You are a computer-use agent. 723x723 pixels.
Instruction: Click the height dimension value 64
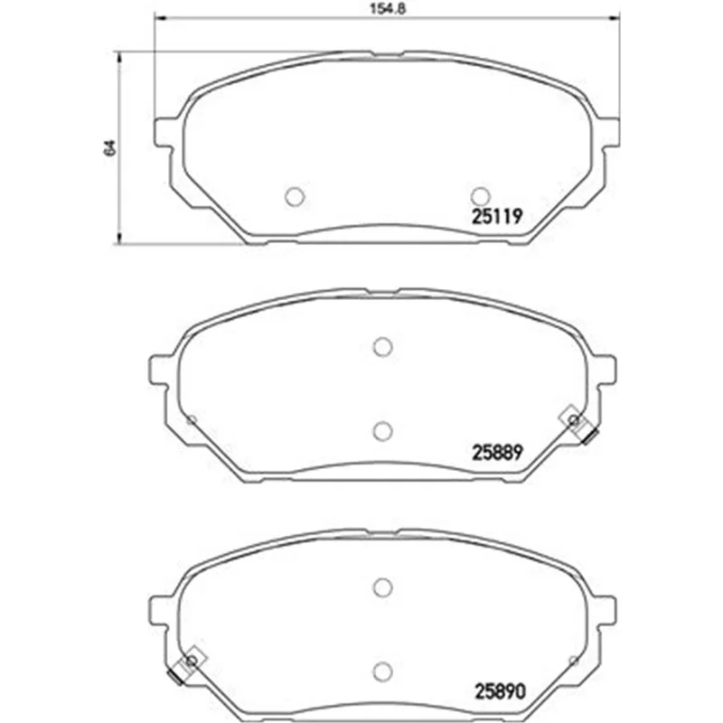(109, 147)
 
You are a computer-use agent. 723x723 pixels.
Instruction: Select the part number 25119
(496, 216)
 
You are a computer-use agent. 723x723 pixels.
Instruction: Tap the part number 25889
(497, 452)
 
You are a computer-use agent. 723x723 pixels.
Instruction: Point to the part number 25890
(500, 690)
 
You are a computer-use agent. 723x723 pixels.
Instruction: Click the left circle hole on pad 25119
(296, 197)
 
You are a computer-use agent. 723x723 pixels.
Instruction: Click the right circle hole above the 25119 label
(480, 196)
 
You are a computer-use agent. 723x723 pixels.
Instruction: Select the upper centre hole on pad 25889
(382, 347)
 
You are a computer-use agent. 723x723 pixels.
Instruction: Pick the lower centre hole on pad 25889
(382, 431)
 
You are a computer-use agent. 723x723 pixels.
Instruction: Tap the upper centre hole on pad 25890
(382, 587)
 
